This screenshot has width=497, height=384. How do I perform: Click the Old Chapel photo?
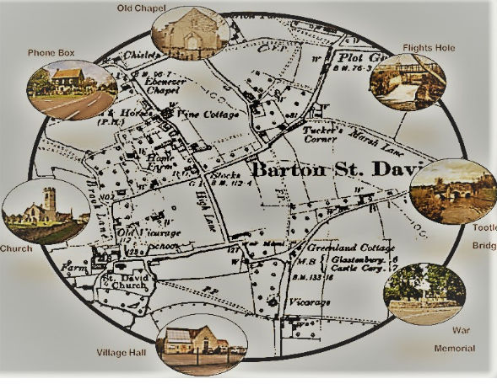(188, 34)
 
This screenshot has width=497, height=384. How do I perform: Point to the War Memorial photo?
(424, 294)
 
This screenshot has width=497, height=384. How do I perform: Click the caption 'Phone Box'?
(51, 53)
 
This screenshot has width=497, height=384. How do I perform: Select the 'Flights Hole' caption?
(429, 48)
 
